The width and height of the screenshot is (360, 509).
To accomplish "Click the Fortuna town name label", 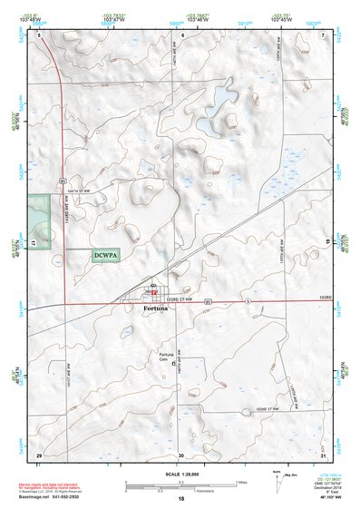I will [156, 308].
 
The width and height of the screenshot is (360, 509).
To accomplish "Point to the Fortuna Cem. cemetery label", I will [166, 356].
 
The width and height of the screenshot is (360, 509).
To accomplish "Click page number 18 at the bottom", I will [181, 499].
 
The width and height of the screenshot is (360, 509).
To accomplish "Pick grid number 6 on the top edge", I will [182, 34].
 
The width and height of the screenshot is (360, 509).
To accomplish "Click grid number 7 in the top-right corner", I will [324, 34].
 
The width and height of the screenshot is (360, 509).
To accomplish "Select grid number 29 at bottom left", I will [38, 454].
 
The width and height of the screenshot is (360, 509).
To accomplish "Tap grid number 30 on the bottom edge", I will [181, 454].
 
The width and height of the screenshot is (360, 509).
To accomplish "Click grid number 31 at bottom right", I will [324, 454].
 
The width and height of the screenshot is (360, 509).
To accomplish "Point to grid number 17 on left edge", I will [33, 244].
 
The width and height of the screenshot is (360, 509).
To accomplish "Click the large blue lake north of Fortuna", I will [222, 93].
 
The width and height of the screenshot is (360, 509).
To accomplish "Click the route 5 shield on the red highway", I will [247, 298].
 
